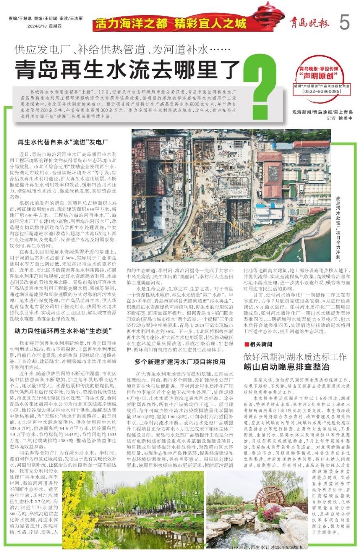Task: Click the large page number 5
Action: tap(345, 23)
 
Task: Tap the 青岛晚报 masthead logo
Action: tap(310, 23)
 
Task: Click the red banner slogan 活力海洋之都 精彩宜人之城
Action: tap(171, 24)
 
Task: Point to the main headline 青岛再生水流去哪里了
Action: tap(127, 69)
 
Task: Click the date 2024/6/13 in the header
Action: tap(44, 26)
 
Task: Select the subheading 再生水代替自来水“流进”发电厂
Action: tap(63, 142)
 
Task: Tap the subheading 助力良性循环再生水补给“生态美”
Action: tap(63, 331)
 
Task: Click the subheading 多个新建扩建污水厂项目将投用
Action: tap(180, 362)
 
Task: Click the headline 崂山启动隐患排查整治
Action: tap(287, 367)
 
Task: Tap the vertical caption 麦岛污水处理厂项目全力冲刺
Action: tap(338, 229)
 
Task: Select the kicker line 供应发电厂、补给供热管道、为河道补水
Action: tap(122, 50)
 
